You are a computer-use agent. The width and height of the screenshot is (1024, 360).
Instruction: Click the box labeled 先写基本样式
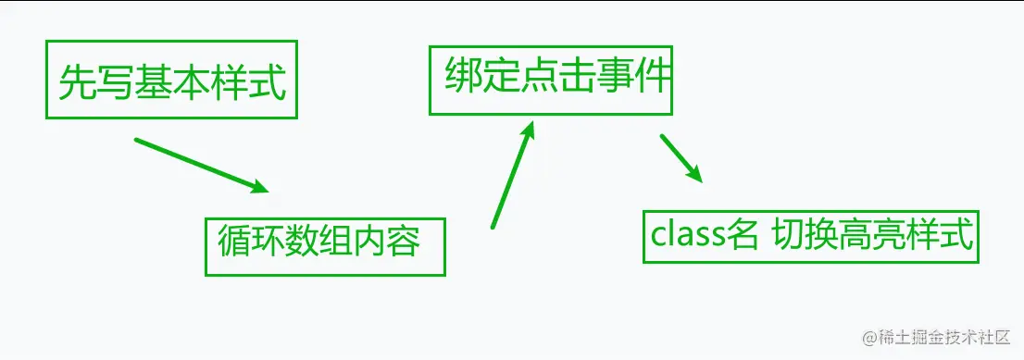(171, 80)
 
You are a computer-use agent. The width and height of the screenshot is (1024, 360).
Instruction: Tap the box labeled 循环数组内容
(324, 246)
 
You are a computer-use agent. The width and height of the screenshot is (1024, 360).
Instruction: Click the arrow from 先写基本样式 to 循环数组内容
(201, 166)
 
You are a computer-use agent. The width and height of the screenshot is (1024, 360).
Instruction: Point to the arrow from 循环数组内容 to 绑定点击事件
(513, 175)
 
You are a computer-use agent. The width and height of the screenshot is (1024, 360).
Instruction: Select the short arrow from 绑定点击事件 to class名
(681, 158)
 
